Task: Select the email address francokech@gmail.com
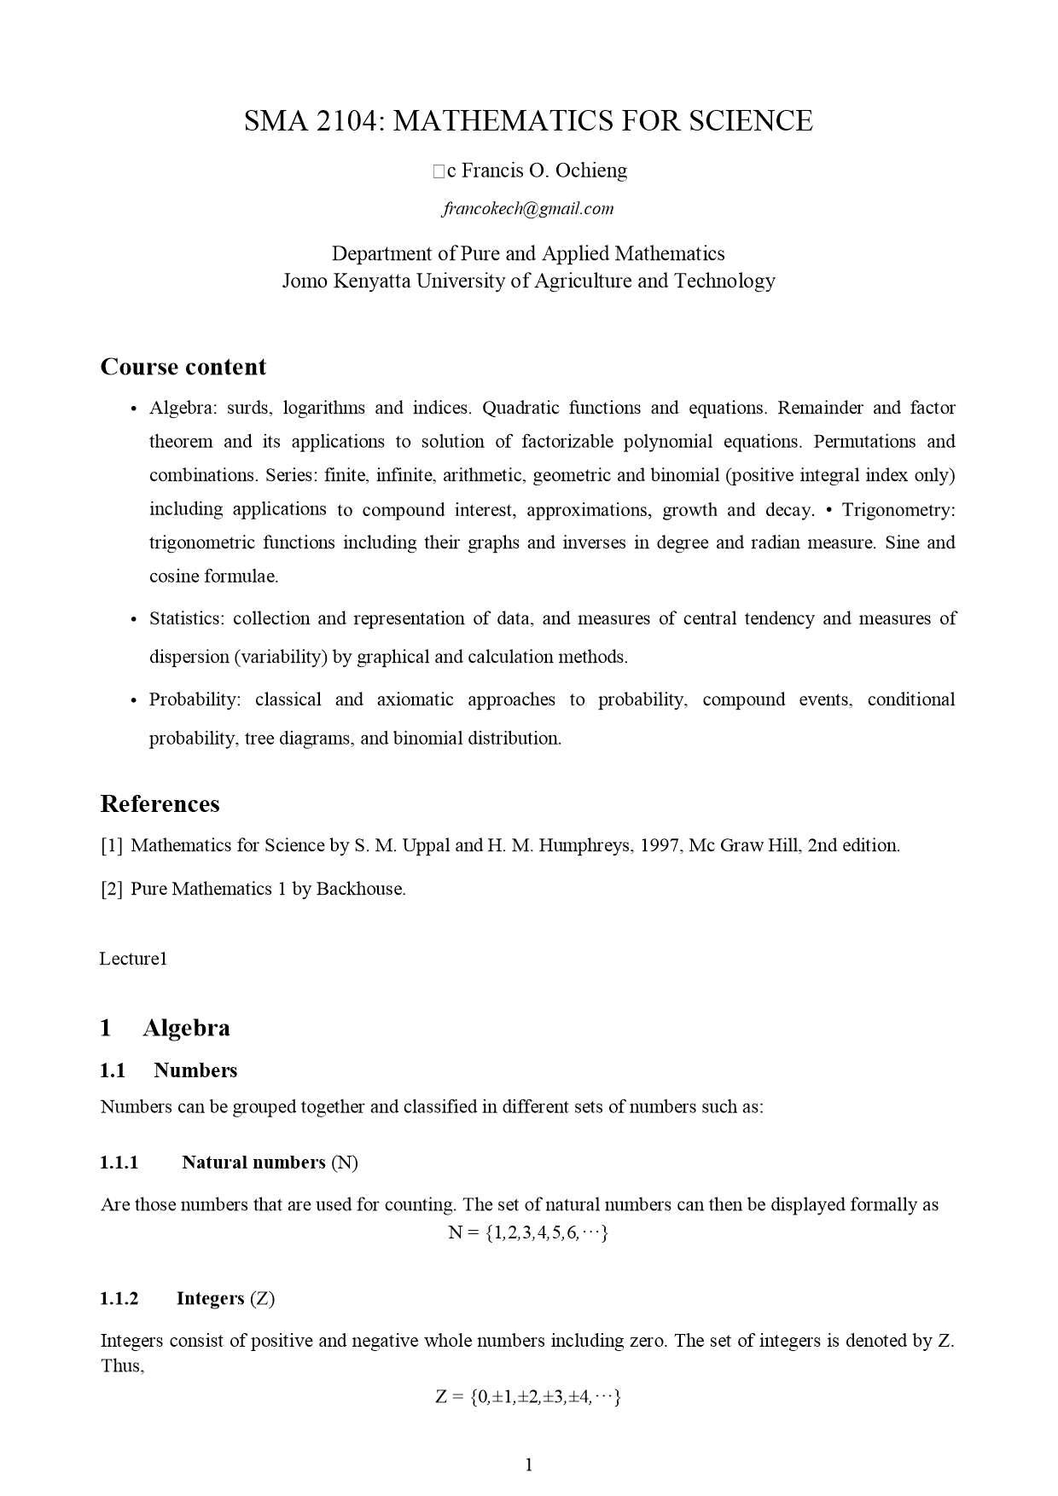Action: [x=528, y=209]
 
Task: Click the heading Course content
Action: [x=183, y=367]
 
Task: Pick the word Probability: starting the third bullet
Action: [x=195, y=700]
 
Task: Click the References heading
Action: [x=160, y=804]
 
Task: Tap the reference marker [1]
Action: [x=112, y=846]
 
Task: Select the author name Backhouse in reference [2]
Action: [x=360, y=889]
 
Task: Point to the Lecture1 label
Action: [x=133, y=959]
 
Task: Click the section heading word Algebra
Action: [x=186, y=1028]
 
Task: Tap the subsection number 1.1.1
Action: [x=119, y=1163]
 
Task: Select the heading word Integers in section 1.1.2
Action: [x=210, y=1298]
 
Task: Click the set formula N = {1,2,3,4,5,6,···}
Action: [x=528, y=1232]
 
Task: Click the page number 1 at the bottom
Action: [x=529, y=1465]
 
